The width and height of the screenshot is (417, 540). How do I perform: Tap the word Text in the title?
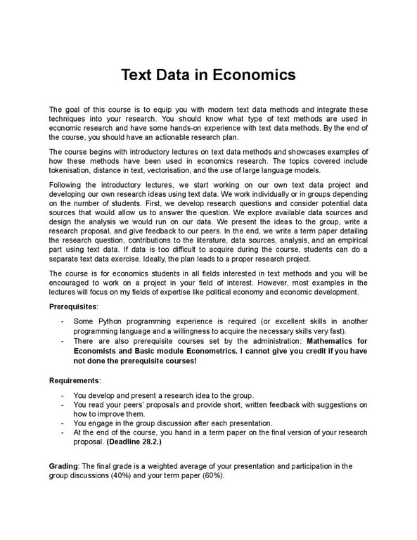pyautogui.click(x=141, y=75)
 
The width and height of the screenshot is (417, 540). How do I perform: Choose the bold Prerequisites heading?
pyautogui.click(x=74, y=307)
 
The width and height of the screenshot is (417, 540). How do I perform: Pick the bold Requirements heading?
pyautogui.click(x=75, y=380)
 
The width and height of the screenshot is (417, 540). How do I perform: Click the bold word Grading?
pyautogui.click(x=64, y=467)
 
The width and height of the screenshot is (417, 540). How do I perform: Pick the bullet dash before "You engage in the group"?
pyautogui.click(x=64, y=423)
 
